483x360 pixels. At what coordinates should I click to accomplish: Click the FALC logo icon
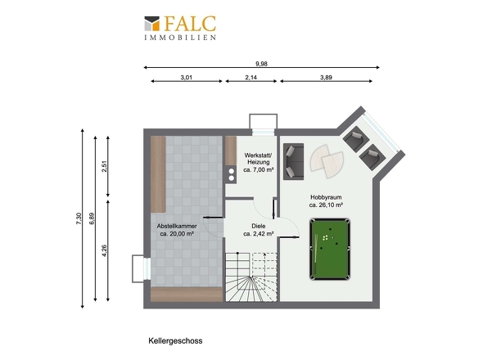[152, 24]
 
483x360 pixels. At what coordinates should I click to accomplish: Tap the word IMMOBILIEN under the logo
[180, 38]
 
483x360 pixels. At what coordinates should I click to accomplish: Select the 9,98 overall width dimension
[261, 64]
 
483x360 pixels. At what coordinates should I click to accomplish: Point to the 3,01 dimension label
[187, 77]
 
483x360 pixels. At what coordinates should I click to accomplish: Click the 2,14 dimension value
[251, 77]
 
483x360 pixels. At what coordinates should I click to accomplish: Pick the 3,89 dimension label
[326, 77]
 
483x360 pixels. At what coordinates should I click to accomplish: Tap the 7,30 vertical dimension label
[79, 218]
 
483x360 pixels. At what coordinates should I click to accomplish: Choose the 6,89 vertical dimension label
[92, 218]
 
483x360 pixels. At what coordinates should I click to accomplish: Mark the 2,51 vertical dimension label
[105, 166]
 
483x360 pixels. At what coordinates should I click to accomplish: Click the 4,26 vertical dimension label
[105, 250]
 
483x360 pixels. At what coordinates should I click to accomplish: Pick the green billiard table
[330, 249]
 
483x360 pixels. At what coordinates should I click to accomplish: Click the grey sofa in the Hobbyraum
[294, 161]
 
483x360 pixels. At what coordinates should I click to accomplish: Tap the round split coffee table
[327, 161]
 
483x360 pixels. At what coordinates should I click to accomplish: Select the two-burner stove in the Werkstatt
[231, 174]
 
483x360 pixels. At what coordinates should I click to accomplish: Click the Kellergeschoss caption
[175, 341]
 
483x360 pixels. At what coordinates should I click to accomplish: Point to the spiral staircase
[251, 277]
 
